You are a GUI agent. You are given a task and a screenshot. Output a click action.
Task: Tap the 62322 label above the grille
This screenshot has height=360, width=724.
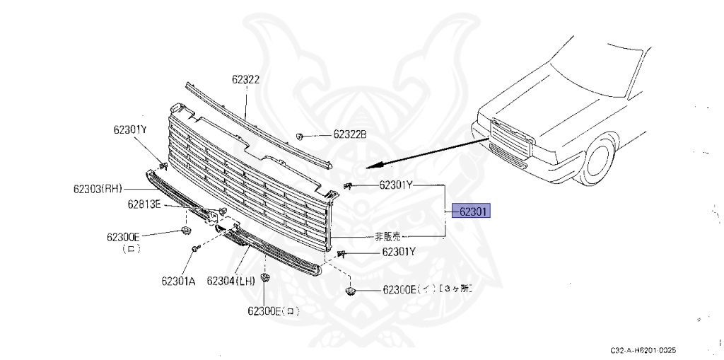(245, 79)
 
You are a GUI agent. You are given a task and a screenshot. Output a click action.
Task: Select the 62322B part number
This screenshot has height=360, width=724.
(350, 134)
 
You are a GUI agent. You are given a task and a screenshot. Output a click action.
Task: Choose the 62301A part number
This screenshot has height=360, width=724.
(178, 281)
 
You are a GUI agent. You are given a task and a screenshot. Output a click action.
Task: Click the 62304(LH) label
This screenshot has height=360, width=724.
(230, 281)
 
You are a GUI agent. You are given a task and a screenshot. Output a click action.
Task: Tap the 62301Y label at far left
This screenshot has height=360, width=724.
(130, 129)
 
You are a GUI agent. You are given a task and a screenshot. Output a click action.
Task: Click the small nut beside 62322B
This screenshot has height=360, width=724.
(300, 134)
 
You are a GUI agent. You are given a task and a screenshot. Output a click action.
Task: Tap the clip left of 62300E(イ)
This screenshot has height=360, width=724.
(350, 291)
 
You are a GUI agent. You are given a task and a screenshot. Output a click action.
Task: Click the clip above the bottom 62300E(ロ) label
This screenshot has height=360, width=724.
(265, 278)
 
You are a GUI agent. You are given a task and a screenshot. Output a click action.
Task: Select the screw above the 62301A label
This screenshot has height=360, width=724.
(194, 249)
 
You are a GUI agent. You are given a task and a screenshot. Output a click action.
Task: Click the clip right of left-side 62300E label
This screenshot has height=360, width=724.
(186, 232)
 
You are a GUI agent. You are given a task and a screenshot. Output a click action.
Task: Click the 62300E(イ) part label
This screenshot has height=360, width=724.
(409, 289)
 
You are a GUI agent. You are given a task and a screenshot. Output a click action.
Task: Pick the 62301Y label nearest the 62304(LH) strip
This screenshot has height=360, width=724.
(399, 251)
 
